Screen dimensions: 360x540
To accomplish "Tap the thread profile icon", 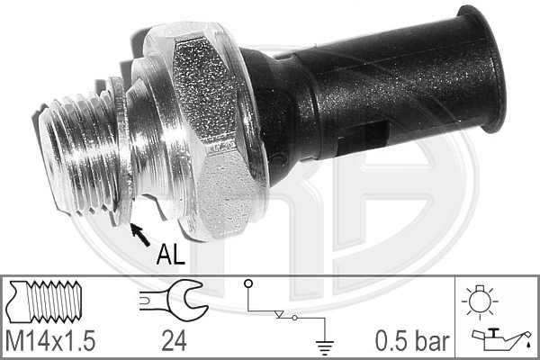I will click(x=49, y=300).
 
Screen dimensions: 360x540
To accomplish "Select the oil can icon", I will click(x=498, y=338).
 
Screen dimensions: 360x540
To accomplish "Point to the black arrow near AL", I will click(x=139, y=235).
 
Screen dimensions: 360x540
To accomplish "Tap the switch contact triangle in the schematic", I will click(x=282, y=314).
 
